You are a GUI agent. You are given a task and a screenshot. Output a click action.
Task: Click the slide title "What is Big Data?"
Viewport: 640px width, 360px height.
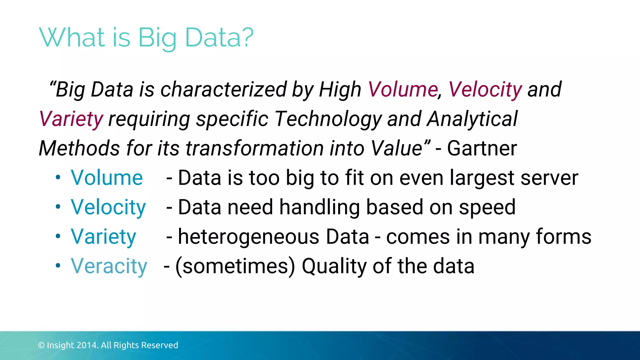[x=146, y=37]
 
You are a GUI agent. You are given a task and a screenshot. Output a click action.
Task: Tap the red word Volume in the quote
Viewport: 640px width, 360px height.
[x=403, y=90]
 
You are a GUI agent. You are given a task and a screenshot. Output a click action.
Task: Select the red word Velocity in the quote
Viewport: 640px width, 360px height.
[x=485, y=90]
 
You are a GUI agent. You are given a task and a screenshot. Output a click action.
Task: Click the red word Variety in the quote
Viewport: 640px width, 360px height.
[x=71, y=119]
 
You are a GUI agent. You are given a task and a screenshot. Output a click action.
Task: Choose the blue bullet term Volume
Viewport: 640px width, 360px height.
[x=107, y=178]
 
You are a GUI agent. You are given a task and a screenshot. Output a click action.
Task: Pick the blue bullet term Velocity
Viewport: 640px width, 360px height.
[x=108, y=207]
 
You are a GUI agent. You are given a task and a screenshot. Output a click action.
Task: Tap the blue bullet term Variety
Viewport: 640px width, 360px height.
[x=103, y=237]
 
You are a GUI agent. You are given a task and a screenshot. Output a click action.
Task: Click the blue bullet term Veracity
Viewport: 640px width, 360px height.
[x=109, y=266]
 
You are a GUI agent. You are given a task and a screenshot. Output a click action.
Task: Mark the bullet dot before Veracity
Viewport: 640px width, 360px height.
[x=58, y=266]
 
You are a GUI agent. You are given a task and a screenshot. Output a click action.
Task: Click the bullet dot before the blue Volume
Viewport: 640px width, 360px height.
[x=58, y=177]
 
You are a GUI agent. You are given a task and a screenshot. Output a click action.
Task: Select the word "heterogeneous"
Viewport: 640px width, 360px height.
[x=248, y=237]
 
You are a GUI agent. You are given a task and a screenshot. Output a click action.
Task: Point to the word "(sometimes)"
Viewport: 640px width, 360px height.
[x=235, y=266]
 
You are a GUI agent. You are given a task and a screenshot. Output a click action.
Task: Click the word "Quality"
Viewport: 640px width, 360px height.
[x=334, y=266]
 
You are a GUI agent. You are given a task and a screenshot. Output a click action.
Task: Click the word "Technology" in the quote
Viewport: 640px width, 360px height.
[x=328, y=119]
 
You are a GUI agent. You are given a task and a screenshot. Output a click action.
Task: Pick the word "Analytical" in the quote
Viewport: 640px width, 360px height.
[x=472, y=119]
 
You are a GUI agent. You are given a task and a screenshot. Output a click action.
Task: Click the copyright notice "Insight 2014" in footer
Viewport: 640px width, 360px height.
[x=108, y=345]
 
